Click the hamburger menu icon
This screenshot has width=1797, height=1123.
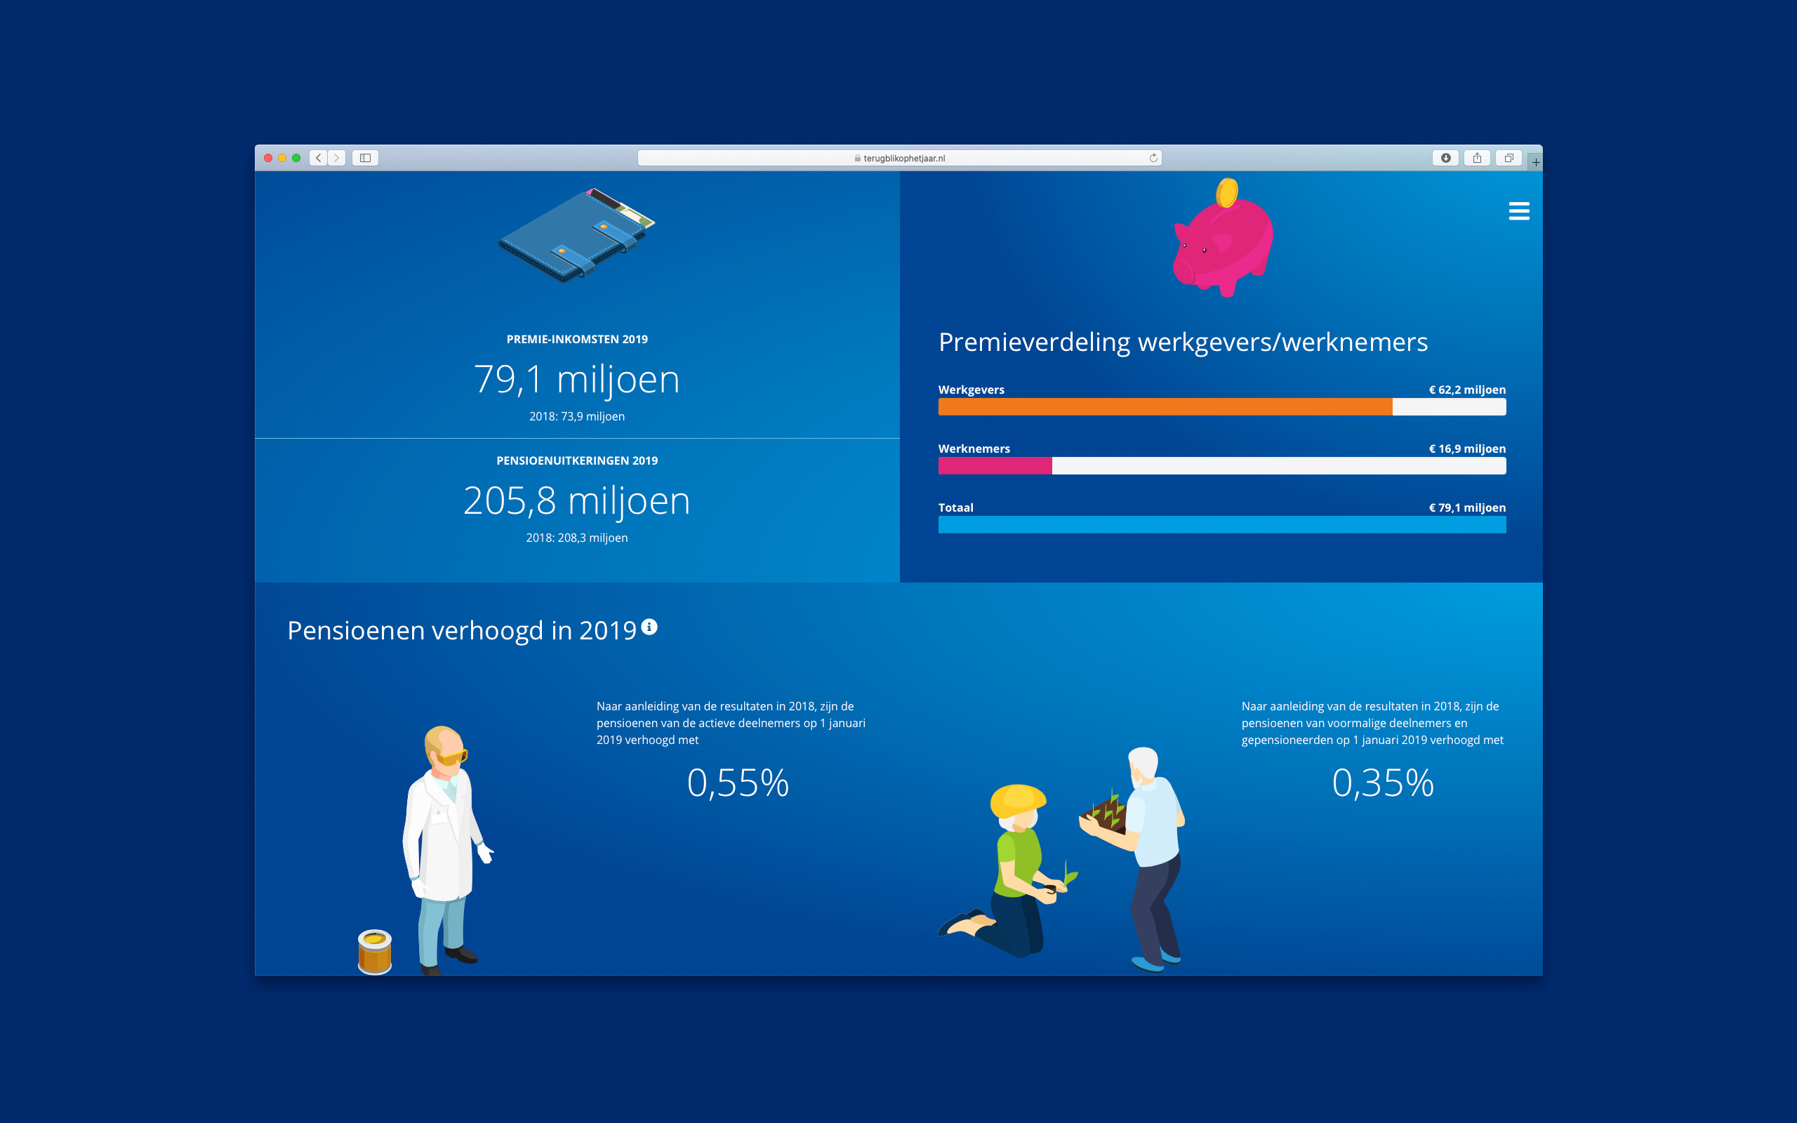[x=1518, y=211]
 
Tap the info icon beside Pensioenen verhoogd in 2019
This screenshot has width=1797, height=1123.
[x=649, y=627]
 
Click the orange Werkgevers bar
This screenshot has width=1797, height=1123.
[x=1165, y=406]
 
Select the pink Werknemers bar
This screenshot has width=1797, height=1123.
[x=995, y=465]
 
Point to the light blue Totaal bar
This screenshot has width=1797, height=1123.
[x=1222, y=524]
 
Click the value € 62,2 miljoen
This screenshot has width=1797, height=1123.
[x=1467, y=390]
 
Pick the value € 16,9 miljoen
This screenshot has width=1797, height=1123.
[x=1467, y=448]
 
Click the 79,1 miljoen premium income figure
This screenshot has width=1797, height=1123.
[x=577, y=379]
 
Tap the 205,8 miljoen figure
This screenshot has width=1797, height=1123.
[x=577, y=500]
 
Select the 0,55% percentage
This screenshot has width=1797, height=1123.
[x=738, y=783]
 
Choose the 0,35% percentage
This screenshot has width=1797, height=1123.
[x=1383, y=783]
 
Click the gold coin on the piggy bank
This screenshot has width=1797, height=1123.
[x=1227, y=192]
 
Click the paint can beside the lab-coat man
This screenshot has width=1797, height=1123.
[x=375, y=952]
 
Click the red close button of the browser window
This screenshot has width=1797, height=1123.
[x=268, y=158]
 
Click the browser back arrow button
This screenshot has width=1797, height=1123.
[x=319, y=158]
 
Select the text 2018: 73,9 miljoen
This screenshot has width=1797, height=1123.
[x=577, y=417]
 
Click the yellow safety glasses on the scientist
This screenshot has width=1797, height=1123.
[x=451, y=757]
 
